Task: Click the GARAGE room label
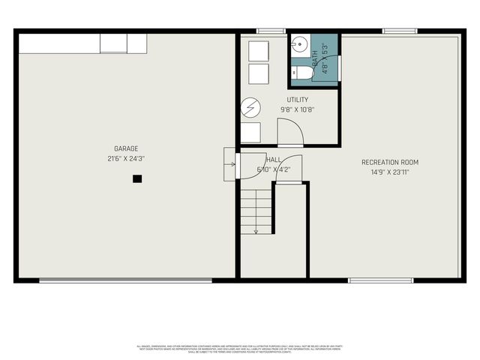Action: (x=126, y=148)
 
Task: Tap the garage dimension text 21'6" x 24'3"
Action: (x=126, y=159)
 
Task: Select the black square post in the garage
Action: (x=137, y=178)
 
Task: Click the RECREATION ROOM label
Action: (x=390, y=162)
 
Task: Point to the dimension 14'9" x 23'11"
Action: (x=390, y=172)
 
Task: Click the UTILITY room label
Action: (x=297, y=100)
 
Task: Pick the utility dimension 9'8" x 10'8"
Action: (x=297, y=109)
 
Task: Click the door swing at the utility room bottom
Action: (x=290, y=134)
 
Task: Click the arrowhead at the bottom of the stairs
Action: (x=256, y=232)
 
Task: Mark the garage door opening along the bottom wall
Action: (x=125, y=281)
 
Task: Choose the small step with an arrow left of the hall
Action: (x=229, y=160)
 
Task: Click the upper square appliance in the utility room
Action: (x=259, y=50)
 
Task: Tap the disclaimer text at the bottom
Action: (x=240, y=348)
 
